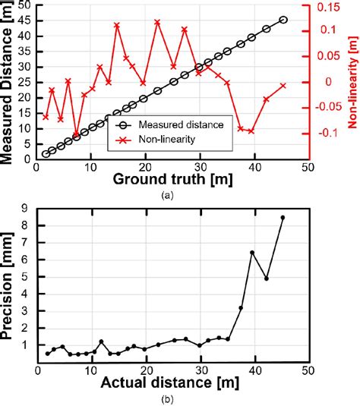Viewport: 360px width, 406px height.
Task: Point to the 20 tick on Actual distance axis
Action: (146, 374)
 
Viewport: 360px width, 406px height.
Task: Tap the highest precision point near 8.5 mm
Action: (283, 218)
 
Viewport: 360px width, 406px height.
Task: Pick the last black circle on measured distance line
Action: (283, 20)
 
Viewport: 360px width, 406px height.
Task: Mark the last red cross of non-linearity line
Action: (283, 86)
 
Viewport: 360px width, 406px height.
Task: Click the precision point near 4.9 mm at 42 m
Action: (267, 279)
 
